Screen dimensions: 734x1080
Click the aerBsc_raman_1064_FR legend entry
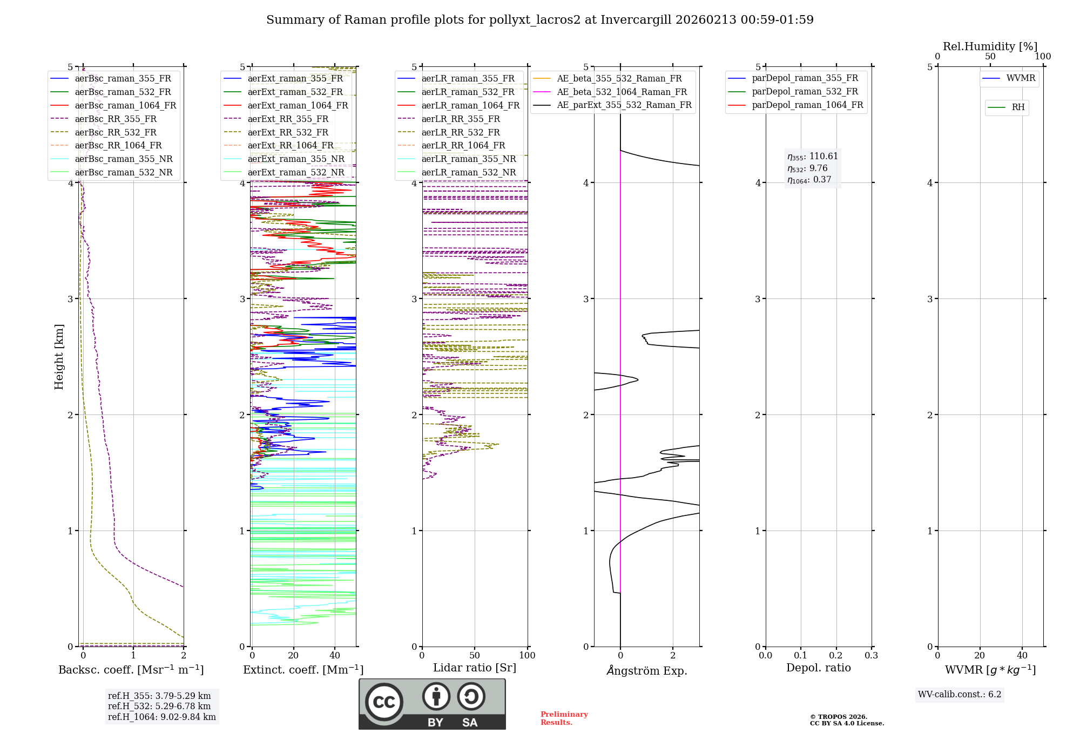[x=125, y=106]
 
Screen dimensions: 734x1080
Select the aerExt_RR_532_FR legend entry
[x=287, y=133]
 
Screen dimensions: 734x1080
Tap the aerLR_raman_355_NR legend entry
[x=468, y=159]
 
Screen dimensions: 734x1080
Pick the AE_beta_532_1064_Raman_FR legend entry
[x=622, y=92]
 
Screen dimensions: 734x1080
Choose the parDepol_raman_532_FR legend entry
[x=805, y=92]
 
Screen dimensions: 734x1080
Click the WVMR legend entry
[x=1021, y=79]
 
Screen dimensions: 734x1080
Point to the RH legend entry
[x=1018, y=107]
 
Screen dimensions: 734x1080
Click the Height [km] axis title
[x=59, y=357]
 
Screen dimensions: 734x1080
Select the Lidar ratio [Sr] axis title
[x=475, y=668]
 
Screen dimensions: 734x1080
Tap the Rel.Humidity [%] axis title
[x=990, y=47]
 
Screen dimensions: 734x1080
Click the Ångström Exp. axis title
[x=647, y=671]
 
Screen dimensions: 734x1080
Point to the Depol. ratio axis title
[x=818, y=668]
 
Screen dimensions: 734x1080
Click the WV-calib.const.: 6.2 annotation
[x=960, y=695]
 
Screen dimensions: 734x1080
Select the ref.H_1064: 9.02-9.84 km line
[x=162, y=717]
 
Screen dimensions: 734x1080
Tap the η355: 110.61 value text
[x=813, y=157]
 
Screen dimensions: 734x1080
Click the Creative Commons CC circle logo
[x=384, y=702]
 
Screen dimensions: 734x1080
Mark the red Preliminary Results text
[x=564, y=718]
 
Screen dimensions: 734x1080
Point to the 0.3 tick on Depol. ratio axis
[x=871, y=656]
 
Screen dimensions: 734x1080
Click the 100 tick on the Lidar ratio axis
[x=527, y=656]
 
